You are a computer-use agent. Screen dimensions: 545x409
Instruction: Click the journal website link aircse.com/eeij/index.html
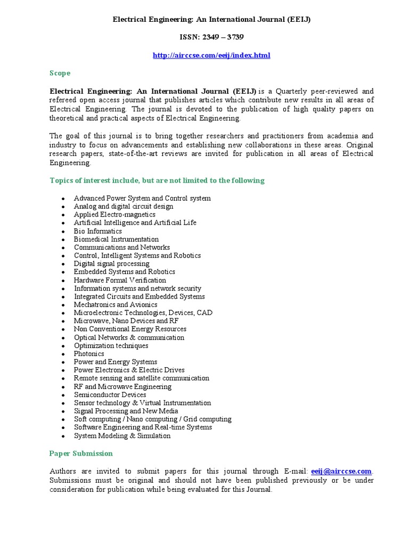pyautogui.click(x=211, y=55)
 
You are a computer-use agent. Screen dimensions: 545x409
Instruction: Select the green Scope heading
pyautogui.click(x=60, y=73)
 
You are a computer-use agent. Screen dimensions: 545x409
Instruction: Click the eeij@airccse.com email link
pyautogui.click(x=341, y=471)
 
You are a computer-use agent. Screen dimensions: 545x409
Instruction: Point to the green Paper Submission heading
pyautogui.click(x=81, y=453)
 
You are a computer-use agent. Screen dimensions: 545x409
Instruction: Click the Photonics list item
pyautogui.click(x=89, y=354)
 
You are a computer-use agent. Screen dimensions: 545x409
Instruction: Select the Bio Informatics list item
pyautogui.click(x=98, y=231)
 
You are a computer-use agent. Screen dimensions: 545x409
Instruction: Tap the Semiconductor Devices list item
pyautogui.click(x=110, y=395)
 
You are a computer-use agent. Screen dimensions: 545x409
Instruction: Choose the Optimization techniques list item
pyautogui.click(x=111, y=346)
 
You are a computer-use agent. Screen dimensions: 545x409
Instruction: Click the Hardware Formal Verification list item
pyautogui.click(x=120, y=280)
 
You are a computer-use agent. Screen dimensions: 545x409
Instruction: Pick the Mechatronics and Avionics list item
pyautogui.click(x=116, y=305)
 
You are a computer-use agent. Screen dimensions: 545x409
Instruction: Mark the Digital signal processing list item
pyautogui.click(x=111, y=264)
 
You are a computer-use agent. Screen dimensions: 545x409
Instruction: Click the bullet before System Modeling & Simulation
pyautogui.click(x=63, y=436)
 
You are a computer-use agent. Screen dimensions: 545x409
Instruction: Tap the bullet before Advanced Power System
pyautogui.click(x=63, y=199)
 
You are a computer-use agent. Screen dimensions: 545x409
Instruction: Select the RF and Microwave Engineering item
pyautogui.click(x=122, y=387)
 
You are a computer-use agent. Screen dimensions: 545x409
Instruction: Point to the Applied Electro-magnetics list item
pyautogui.click(x=114, y=214)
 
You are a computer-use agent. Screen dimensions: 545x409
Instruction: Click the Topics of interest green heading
pyautogui.click(x=157, y=180)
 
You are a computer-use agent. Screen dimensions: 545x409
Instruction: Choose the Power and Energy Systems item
pyautogui.click(x=116, y=362)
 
